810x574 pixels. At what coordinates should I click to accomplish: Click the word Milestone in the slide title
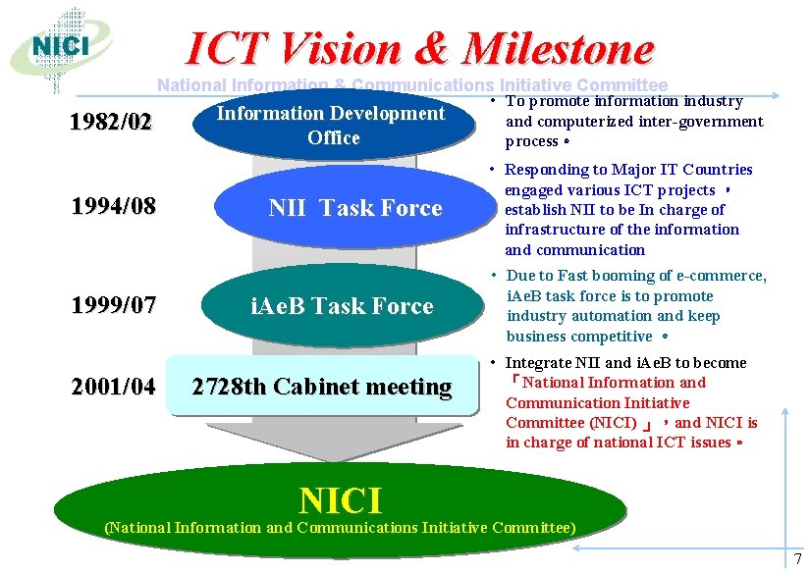pyautogui.click(x=558, y=48)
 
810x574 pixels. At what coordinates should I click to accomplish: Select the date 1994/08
pyautogui.click(x=113, y=207)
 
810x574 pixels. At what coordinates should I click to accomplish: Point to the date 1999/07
pyautogui.click(x=113, y=305)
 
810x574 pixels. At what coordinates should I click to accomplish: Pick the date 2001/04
pyautogui.click(x=113, y=387)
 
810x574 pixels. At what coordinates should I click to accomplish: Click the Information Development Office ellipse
pyautogui.click(x=331, y=125)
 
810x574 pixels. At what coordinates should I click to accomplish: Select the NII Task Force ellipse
pyautogui.click(x=354, y=208)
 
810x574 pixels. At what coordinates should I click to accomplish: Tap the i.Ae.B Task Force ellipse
pyautogui.click(x=342, y=306)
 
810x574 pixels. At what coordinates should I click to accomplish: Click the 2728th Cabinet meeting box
pyautogui.click(x=321, y=387)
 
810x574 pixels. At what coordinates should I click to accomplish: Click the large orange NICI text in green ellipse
pyautogui.click(x=340, y=499)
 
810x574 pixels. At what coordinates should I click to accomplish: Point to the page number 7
pyautogui.click(x=797, y=559)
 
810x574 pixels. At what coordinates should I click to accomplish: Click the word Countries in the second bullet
pyautogui.click(x=720, y=170)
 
